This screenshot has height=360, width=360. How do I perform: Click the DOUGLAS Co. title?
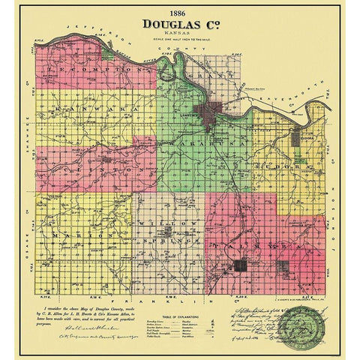point(180,24)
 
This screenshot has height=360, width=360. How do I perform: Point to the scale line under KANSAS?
point(180,40)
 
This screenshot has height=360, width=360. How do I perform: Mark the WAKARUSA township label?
point(212,140)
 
